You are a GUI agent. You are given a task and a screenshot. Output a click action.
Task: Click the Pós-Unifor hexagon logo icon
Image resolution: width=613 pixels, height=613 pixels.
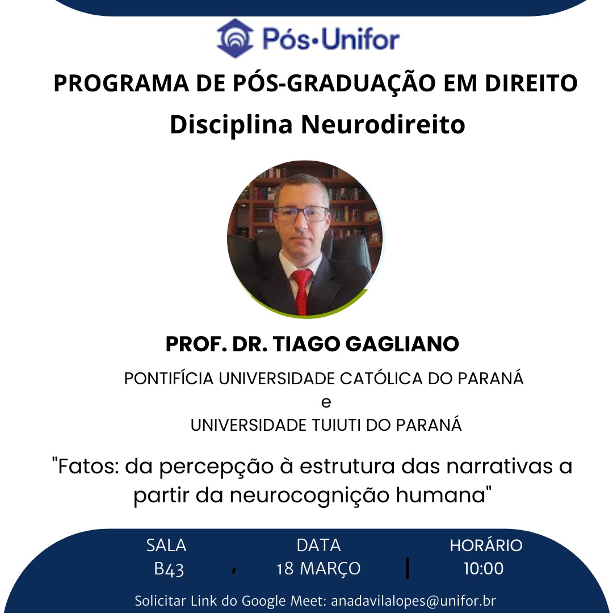tap(235, 39)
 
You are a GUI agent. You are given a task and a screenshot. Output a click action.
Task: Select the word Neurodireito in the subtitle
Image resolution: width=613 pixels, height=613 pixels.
tap(383, 124)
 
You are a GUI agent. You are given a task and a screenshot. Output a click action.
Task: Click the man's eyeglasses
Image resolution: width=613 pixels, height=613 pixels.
tap(301, 213)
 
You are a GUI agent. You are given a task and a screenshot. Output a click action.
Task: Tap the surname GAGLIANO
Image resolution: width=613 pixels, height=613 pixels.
tap(402, 344)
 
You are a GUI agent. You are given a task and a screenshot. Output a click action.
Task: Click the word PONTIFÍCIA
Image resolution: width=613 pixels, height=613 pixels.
tap(169, 379)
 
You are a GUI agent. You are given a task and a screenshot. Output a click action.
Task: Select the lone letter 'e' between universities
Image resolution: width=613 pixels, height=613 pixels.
tap(326, 402)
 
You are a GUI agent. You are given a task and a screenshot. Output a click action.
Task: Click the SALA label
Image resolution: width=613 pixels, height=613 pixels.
tap(166, 545)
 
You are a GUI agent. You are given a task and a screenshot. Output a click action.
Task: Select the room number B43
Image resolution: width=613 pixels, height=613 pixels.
tap(169, 569)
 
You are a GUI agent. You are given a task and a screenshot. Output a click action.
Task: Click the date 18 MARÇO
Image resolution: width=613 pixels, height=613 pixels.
tap(318, 569)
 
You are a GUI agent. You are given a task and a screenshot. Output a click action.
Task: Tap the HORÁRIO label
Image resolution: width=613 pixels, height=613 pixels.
tap(486, 545)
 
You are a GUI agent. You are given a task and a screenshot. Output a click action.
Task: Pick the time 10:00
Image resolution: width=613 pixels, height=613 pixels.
tap(484, 569)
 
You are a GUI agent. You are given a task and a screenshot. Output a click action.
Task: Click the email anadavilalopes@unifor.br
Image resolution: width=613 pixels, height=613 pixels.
tap(413, 601)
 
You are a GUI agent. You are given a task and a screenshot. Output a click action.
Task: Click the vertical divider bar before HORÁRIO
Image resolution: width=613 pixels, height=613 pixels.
tap(408, 568)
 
